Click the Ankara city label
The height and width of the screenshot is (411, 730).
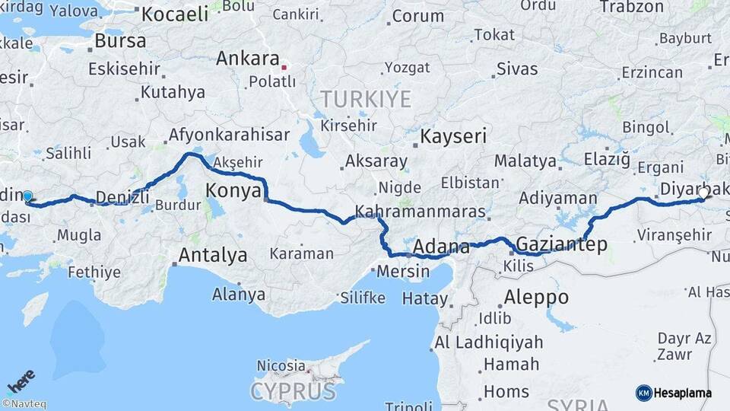coord(247,59)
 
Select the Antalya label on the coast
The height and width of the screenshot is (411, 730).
coord(212,255)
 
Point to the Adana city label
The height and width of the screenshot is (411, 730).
coord(441,247)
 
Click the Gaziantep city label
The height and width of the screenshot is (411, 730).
coord(561,244)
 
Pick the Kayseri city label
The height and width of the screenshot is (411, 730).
coord(454,137)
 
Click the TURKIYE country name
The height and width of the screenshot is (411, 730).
coord(365,99)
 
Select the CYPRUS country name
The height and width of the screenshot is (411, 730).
coord(293,392)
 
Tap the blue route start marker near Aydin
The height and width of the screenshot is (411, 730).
coord(28,197)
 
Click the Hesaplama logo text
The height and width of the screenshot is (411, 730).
coord(682,393)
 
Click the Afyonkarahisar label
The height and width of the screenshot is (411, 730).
coord(228,135)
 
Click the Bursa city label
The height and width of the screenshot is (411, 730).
coord(120,41)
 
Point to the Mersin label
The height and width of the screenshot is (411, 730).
coord(398,271)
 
